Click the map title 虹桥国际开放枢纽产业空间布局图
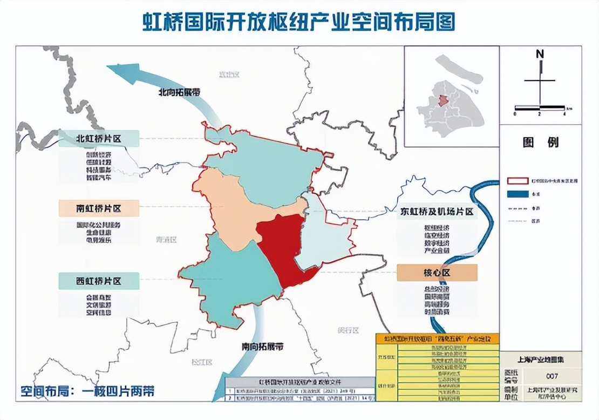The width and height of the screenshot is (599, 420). pos(298,22)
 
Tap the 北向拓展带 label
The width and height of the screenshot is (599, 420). pos(179,92)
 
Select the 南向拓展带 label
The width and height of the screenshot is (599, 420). pos(263,346)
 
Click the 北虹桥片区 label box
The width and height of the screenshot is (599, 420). pos(99,139)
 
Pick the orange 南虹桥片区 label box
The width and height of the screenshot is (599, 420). pos(99,208)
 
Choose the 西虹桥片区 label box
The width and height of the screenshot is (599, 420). pos(99,281)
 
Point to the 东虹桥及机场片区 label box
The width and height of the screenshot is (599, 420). pos(437,212)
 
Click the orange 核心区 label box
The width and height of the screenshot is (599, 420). pos(437,273)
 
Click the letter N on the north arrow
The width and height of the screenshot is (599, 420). pos(540,54)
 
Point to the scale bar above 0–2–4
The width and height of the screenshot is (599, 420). pos(540,107)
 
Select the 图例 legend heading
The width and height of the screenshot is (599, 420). pos(541,143)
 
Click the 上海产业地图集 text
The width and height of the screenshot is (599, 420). pos(541,358)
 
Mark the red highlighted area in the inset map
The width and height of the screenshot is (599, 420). pos(442,101)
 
